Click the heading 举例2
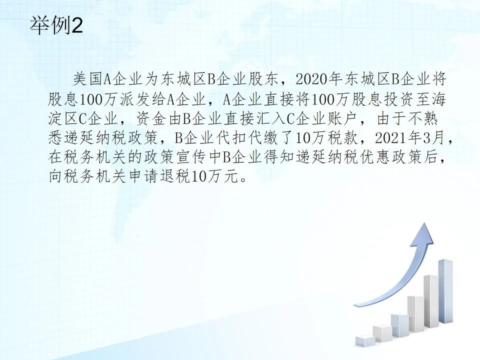tap(56, 25)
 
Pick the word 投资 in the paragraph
tap(398, 99)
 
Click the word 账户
tap(340, 119)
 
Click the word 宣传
tap(190, 157)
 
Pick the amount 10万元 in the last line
tap(214, 176)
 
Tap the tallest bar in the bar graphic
tap(445, 291)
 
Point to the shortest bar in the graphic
tap(365, 341)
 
